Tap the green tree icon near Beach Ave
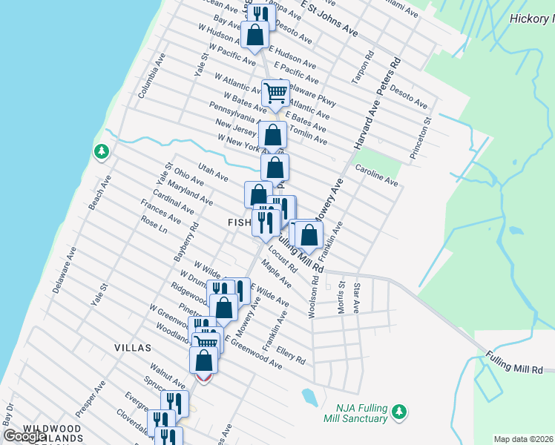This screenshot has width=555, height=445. click(101, 152)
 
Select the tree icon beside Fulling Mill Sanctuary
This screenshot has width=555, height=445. click(399, 410)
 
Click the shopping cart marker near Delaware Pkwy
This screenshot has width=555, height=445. click(275, 93)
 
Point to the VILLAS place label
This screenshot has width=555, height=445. click(133, 347)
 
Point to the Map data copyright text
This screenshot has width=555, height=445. click(523, 439)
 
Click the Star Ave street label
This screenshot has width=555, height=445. click(357, 297)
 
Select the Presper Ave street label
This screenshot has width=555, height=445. click(90, 398)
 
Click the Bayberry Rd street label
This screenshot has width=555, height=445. click(186, 240)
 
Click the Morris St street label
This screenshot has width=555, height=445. click(342, 297)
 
